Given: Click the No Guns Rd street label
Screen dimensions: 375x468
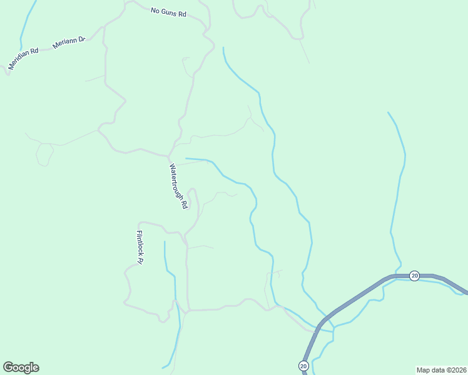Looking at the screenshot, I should (x=169, y=12).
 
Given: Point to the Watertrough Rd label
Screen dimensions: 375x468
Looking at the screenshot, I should (x=178, y=186).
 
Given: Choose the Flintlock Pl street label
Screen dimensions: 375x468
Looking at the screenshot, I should (x=140, y=247).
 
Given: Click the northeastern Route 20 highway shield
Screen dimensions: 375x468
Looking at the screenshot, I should (x=414, y=275).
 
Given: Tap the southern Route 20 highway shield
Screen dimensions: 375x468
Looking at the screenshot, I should (x=303, y=366).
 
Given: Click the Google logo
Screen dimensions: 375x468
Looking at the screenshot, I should (x=21, y=367).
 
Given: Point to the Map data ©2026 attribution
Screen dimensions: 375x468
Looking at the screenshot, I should (x=441, y=369).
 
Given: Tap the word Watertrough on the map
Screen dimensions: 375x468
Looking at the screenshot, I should (x=176, y=181).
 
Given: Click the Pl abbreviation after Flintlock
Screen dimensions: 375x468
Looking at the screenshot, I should (x=141, y=261).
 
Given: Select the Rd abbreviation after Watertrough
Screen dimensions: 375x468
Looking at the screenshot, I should (x=185, y=204).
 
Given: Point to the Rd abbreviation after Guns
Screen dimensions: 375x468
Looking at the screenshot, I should (x=182, y=13).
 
